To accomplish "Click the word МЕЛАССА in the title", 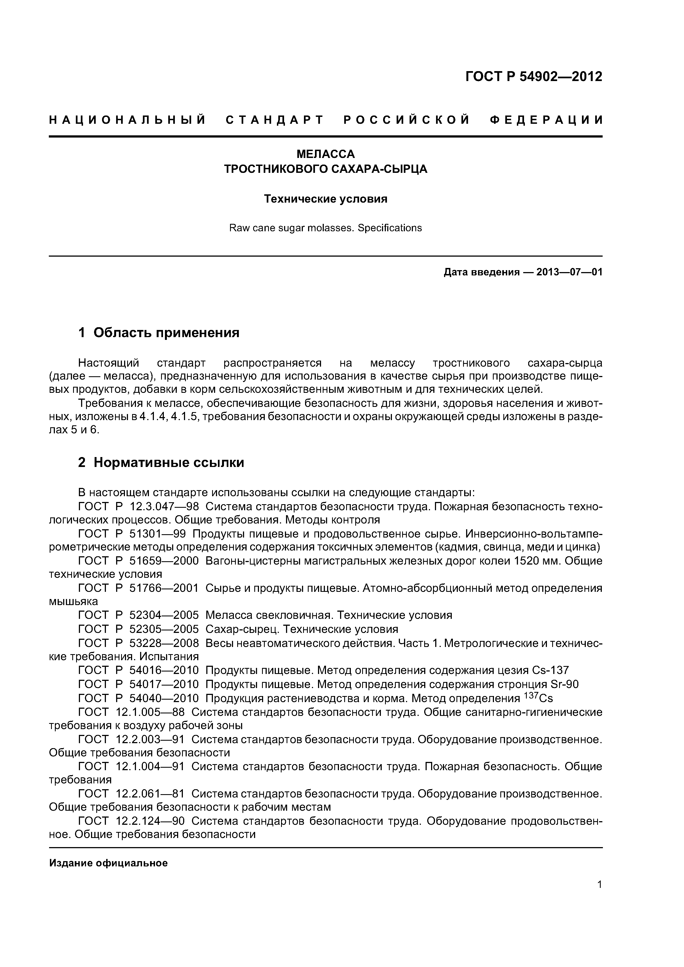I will click(x=325, y=154).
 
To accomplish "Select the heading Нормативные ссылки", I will click(x=169, y=463).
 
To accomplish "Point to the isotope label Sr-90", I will click(x=564, y=684).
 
